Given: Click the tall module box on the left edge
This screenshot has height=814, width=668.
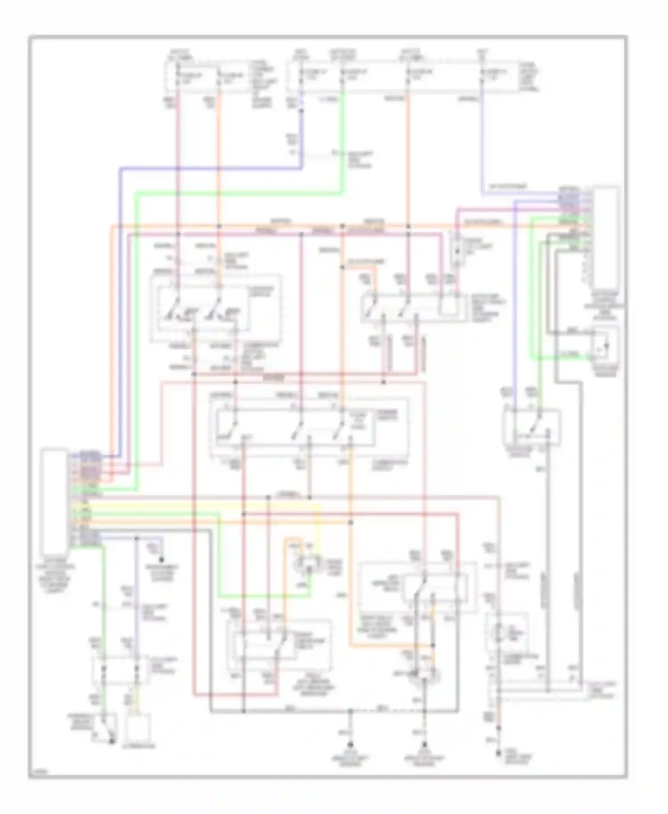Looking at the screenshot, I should [x=54, y=500].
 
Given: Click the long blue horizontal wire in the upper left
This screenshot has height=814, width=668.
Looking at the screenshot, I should [x=209, y=168].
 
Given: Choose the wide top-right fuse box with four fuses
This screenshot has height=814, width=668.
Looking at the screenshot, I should [x=403, y=77].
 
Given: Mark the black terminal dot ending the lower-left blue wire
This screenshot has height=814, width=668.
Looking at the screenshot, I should [x=162, y=560].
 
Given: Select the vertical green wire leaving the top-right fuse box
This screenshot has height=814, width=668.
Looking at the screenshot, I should [x=342, y=142].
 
